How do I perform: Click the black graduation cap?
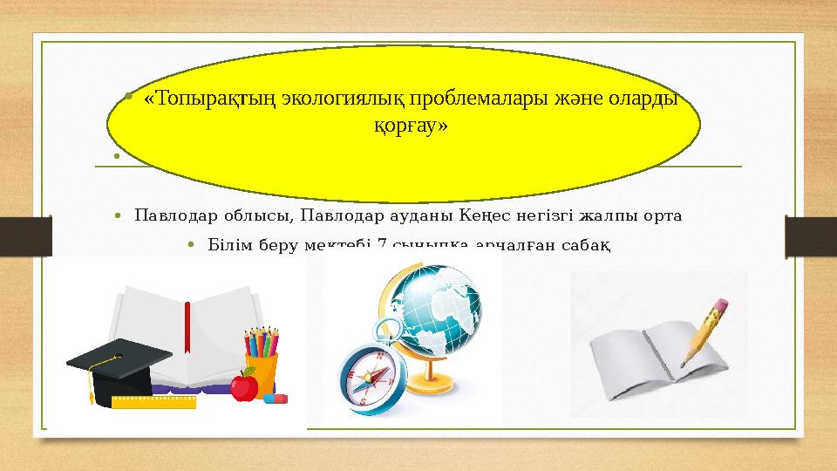(x=113, y=365)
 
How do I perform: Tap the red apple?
(x=244, y=385)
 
